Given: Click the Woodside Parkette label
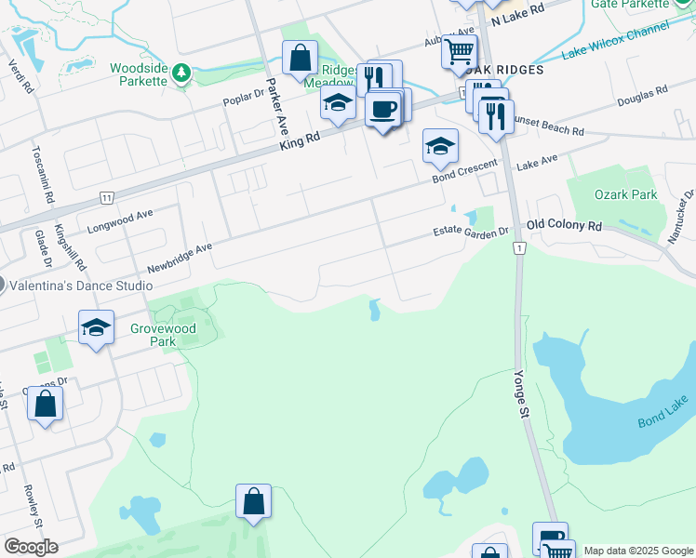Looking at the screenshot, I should point(139,74).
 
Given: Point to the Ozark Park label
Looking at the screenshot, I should point(626,194).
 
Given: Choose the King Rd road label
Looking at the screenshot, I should point(299,140).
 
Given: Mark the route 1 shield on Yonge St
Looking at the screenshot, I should point(519,248).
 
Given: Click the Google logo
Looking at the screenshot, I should point(31,546).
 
